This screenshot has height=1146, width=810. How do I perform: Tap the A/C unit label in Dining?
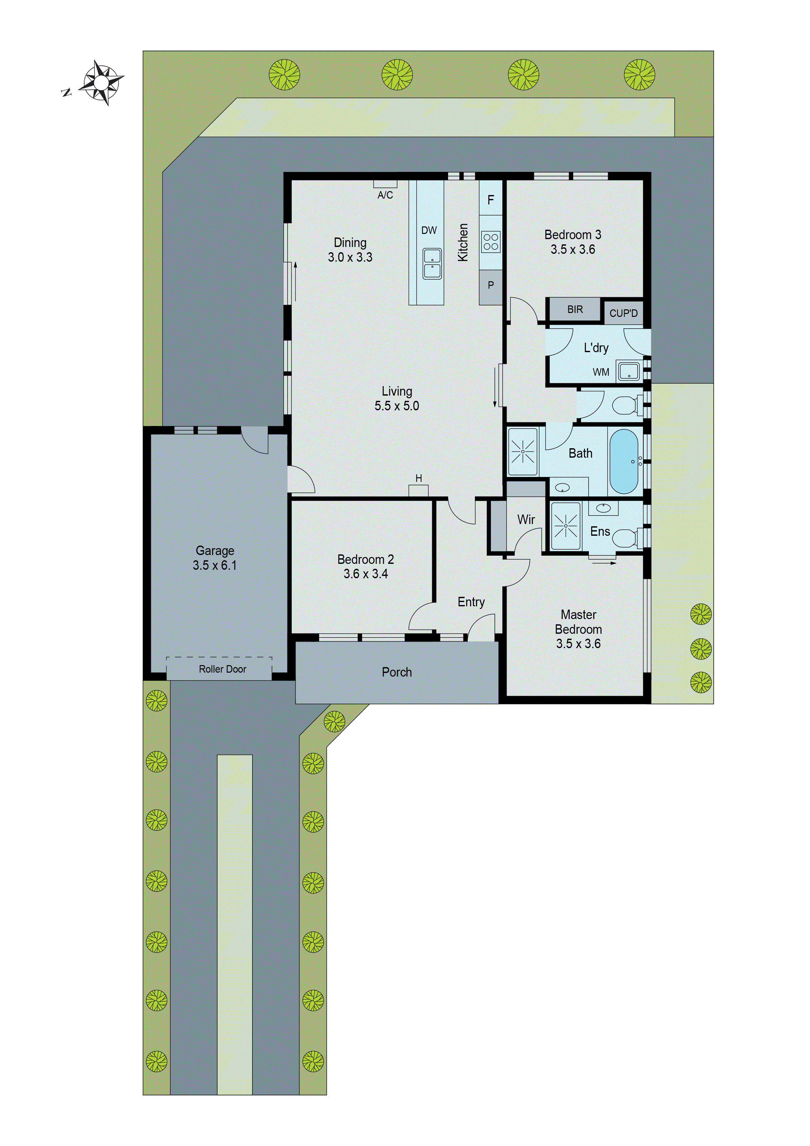click(x=385, y=195)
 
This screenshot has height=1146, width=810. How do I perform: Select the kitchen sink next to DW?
click(x=432, y=264)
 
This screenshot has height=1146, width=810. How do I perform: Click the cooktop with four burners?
click(x=491, y=241)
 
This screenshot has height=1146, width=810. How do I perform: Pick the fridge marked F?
click(x=491, y=200)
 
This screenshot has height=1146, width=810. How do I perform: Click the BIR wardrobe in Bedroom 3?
click(x=575, y=309)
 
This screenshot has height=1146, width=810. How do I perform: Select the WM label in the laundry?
click(x=601, y=372)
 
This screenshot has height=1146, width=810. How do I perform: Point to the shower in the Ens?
click(x=565, y=526)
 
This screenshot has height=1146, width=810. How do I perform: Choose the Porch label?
click(x=397, y=672)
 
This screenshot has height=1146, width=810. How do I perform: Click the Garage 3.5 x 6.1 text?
click(x=215, y=558)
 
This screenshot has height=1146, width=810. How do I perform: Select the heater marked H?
click(x=419, y=478)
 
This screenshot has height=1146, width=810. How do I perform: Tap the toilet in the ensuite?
click(x=624, y=538)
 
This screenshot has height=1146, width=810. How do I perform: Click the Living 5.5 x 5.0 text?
click(x=397, y=398)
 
